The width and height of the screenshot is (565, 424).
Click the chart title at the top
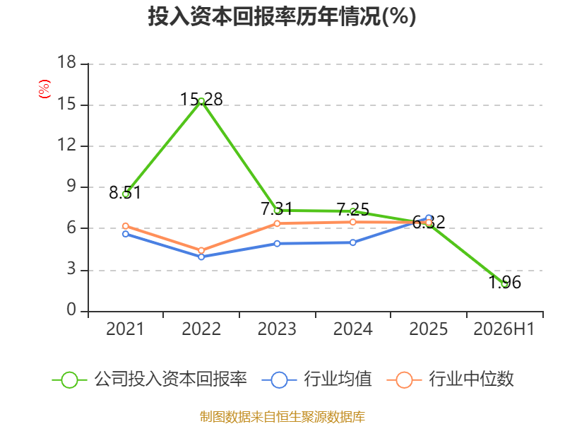[x=282, y=16]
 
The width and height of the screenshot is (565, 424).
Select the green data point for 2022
[x=201, y=101]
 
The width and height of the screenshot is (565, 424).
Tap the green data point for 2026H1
[x=505, y=284]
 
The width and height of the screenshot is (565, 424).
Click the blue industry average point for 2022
[x=201, y=257]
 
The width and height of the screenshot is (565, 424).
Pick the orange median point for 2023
[x=277, y=223]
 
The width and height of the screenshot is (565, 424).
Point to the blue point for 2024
[x=352, y=242]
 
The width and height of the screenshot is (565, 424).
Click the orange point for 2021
[x=126, y=226]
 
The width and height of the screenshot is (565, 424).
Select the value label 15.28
[x=201, y=99]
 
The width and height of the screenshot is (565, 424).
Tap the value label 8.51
[x=125, y=192]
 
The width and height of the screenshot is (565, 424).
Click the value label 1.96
[x=505, y=282]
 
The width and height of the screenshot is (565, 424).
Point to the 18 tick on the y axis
[x=66, y=62]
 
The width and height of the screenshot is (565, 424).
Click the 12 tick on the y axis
[x=66, y=145]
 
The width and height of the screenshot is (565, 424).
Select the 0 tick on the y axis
[x=71, y=310]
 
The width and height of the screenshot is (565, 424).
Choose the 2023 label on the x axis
[x=277, y=329]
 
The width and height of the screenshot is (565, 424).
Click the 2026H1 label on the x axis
[x=504, y=329]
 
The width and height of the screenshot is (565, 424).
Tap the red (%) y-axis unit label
[x=44, y=89]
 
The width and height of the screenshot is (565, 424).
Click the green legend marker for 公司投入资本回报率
[x=69, y=380]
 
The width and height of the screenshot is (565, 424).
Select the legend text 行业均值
[x=338, y=379]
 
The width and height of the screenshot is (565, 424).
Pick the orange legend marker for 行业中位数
[x=404, y=380]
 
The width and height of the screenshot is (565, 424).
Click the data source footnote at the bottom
[x=282, y=417]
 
